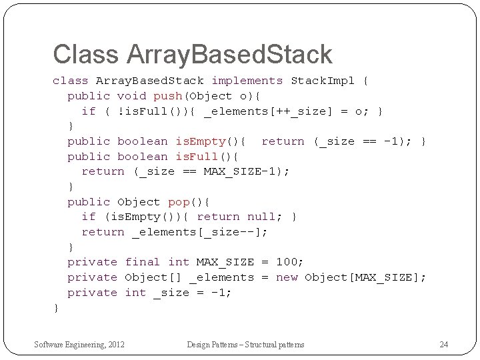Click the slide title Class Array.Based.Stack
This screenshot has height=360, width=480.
coord(192,55)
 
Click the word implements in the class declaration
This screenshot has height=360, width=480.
coord(247,81)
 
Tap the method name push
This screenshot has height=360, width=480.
coord(167,96)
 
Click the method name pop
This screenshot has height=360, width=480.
coord(178,201)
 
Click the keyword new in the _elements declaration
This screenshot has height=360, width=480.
coord(287,277)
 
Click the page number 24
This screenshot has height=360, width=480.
coord(444,344)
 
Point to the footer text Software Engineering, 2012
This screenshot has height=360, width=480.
coord(80,344)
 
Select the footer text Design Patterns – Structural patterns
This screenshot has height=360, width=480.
coord(245,344)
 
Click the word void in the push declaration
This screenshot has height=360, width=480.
coord(131,96)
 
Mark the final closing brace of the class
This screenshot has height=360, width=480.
coord(56,307)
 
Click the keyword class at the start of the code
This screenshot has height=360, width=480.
coord(70,81)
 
